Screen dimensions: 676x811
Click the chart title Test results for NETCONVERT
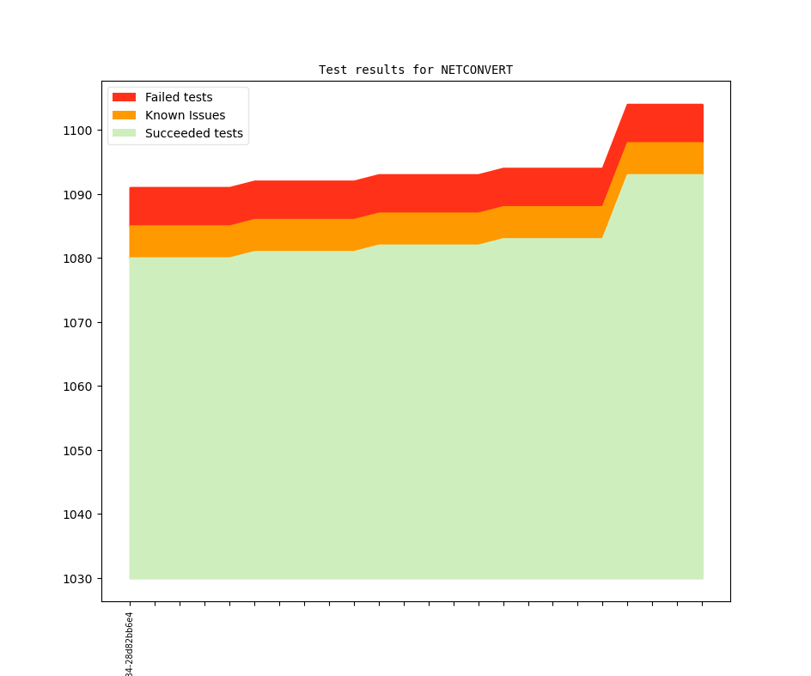pyautogui.click(x=415, y=70)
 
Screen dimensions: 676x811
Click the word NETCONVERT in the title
pyautogui.click(x=477, y=70)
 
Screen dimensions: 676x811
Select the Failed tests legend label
pyautogui.click(x=179, y=97)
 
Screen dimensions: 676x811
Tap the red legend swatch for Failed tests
pyautogui.click(x=125, y=97)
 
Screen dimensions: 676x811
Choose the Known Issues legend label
pyautogui.click(x=185, y=115)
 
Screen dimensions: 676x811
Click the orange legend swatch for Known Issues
pyautogui.click(x=125, y=115)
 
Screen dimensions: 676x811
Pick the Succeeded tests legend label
pyautogui.click(x=193, y=133)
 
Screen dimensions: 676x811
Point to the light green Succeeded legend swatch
pyautogui.click(x=125, y=133)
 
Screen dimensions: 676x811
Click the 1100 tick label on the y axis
pyautogui.click(x=77, y=131)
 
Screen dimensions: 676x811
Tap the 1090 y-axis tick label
pyautogui.click(x=77, y=195)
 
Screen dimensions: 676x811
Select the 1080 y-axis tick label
pyautogui.click(x=77, y=259)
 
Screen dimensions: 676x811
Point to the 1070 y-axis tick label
pyautogui.click(x=77, y=323)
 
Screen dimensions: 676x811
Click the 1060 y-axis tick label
pyautogui.click(x=77, y=387)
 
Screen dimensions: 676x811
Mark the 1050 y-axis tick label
pyautogui.click(x=77, y=451)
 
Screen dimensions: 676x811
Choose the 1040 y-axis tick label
pyautogui.click(x=77, y=515)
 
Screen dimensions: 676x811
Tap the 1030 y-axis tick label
pyautogui.click(x=77, y=579)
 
